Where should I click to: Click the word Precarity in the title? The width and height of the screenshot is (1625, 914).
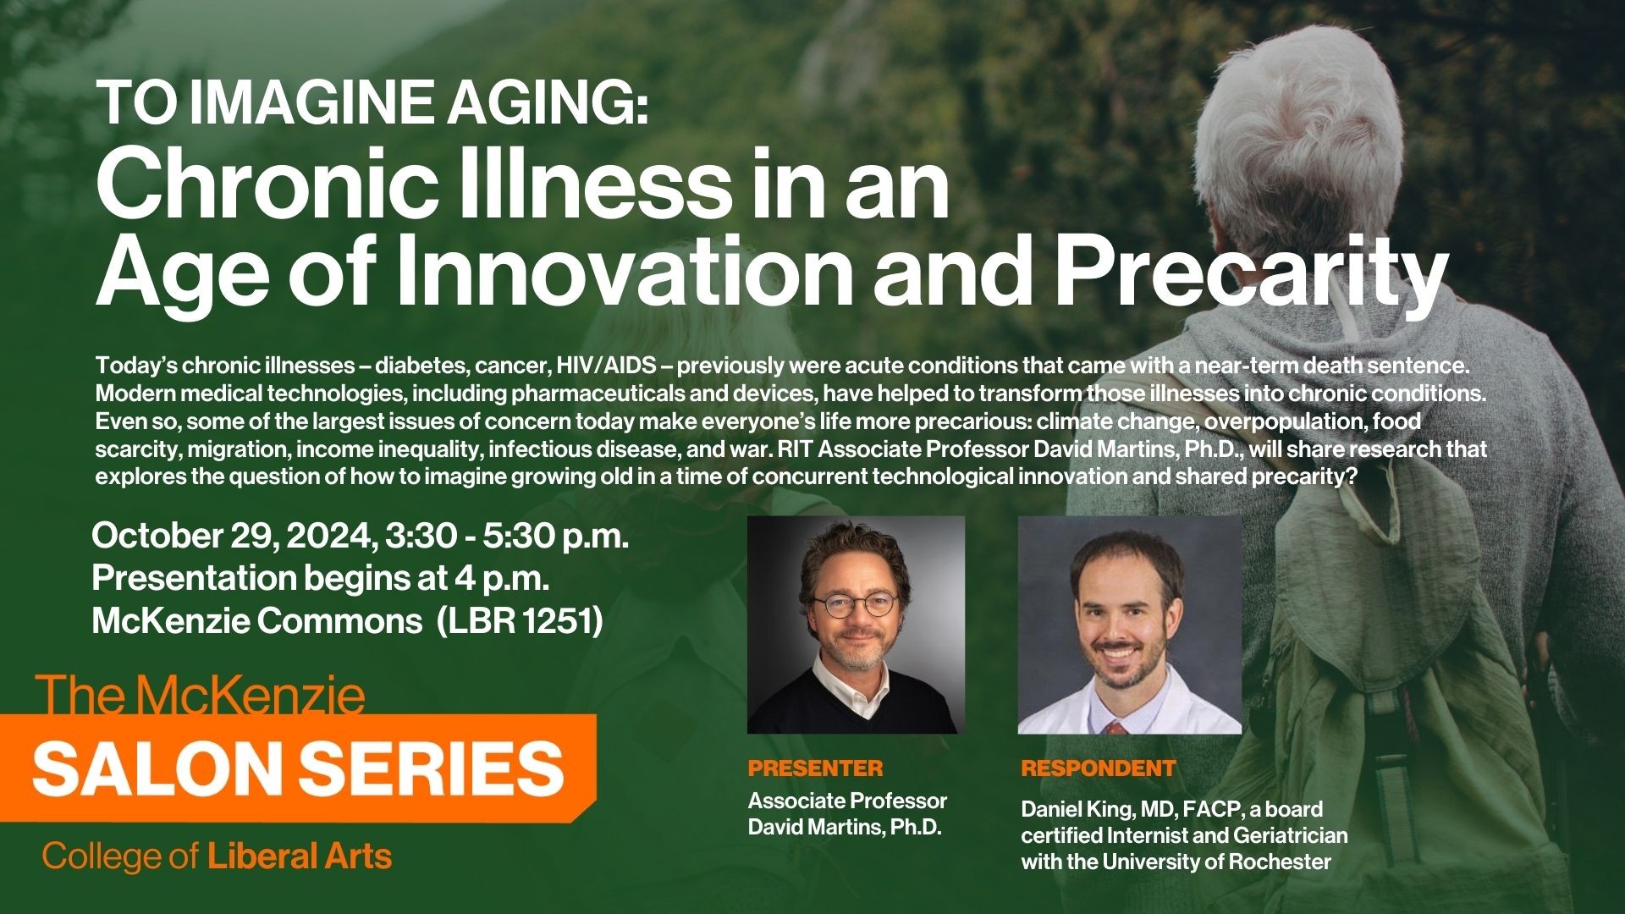pyautogui.click(x=1252, y=268)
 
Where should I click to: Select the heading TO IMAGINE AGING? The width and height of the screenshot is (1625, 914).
pyautogui.click(x=374, y=102)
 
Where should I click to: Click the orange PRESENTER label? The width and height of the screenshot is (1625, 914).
pyautogui.click(x=815, y=768)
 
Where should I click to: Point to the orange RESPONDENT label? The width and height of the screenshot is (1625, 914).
pyautogui.click(x=1099, y=768)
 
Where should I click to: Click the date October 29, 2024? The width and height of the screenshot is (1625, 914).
pyautogui.click(x=233, y=537)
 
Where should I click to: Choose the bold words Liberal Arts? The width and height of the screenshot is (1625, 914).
pyautogui.click(x=300, y=856)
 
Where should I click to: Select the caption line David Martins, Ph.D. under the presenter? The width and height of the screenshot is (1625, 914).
pyautogui.click(x=845, y=827)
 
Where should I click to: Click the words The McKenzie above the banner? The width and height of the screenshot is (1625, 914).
pyautogui.click(x=203, y=697)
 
